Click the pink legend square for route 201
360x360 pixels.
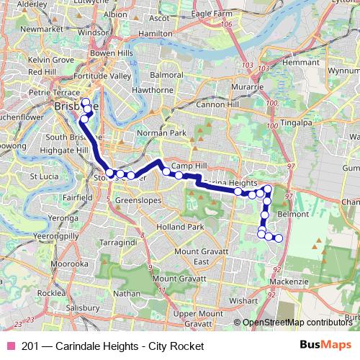[x=12, y=346]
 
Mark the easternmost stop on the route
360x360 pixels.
[x=279, y=238]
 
